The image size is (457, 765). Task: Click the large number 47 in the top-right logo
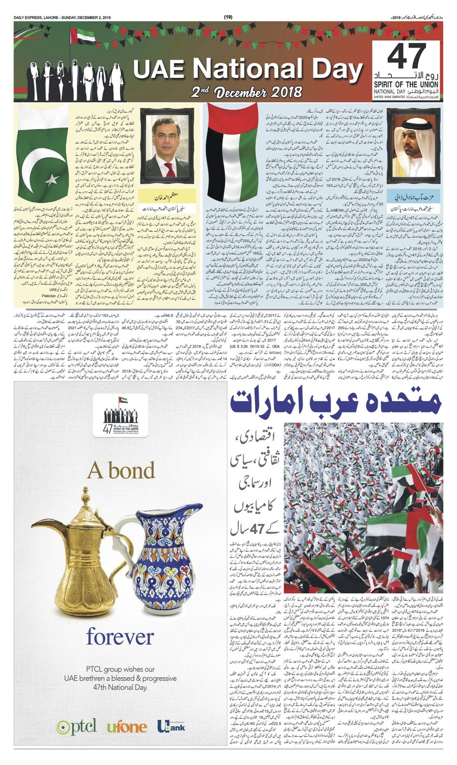(x=407, y=57)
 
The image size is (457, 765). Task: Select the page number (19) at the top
(x=228, y=17)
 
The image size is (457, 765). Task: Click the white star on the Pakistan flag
(x=52, y=179)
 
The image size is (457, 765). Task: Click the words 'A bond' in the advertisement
(x=121, y=470)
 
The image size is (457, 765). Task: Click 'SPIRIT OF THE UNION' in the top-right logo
(x=406, y=85)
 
